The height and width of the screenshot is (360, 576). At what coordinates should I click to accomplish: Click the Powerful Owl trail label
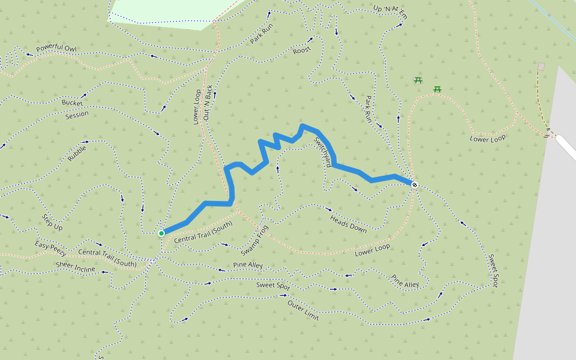pyautogui.click(x=53, y=48)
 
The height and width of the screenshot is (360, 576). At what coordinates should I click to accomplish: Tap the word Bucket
pyautogui.click(x=72, y=103)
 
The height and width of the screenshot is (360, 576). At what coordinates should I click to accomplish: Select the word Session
pyautogui.click(x=77, y=114)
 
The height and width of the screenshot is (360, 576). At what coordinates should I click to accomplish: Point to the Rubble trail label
pyautogui.click(x=77, y=154)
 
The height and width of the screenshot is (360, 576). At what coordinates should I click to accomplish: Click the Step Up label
pyautogui.click(x=52, y=222)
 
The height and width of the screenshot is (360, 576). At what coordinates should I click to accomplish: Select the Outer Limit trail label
pyautogui.click(x=303, y=310)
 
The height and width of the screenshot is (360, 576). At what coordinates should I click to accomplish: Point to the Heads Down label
pyautogui.click(x=348, y=224)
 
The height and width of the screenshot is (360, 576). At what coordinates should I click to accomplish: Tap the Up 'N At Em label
pyautogui.click(x=390, y=12)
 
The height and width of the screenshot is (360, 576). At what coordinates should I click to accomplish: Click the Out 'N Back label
pyautogui.click(x=208, y=103)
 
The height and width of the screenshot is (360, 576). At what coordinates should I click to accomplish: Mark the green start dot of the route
pyautogui.click(x=161, y=233)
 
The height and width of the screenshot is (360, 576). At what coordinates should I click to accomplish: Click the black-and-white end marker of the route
pyautogui.click(x=415, y=185)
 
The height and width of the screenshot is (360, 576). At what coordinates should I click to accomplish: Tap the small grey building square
pyautogui.click(x=541, y=67)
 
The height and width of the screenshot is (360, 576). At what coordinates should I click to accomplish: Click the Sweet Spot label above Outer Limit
pyautogui.click(x=273, y=286)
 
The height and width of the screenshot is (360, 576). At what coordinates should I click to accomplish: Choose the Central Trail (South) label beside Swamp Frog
pyautogui.click(x=203, y=233)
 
